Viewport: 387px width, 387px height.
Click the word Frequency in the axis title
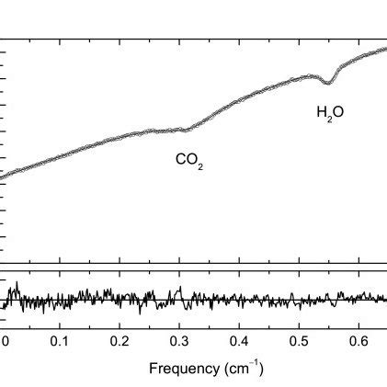[x=180, y=369]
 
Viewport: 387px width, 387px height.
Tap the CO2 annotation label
[x=189, y=160]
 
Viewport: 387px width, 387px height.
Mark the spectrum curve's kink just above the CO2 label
[x=188, y=129]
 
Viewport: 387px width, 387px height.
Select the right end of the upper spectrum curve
[x=385, y=49]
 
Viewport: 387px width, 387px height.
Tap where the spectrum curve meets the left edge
[x=2, y=175]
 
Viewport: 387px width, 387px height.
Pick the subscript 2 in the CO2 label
[x=200, y=165]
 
